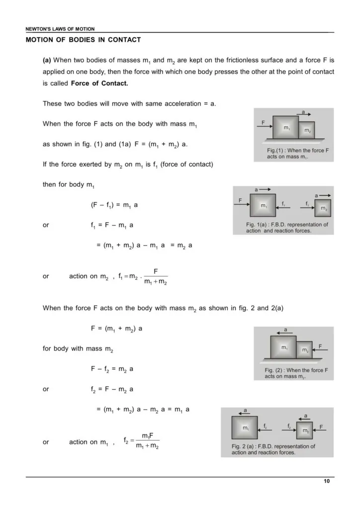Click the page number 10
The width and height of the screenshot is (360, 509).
pos(326,481)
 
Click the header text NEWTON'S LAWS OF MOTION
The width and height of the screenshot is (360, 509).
pos(60,29)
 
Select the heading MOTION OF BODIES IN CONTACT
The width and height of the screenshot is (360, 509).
pos(83,40)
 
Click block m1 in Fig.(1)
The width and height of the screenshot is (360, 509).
pos(286,128)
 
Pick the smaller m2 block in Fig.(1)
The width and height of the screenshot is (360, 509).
pos(307,130)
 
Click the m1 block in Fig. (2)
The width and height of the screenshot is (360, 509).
pos(283,347)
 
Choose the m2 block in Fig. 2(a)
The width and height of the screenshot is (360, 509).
pos(305,430)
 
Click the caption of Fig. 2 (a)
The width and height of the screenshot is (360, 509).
pos(273,449)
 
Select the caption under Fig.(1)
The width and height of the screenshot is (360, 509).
pos(294,153)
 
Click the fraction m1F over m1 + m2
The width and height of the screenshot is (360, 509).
pos(147,441)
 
